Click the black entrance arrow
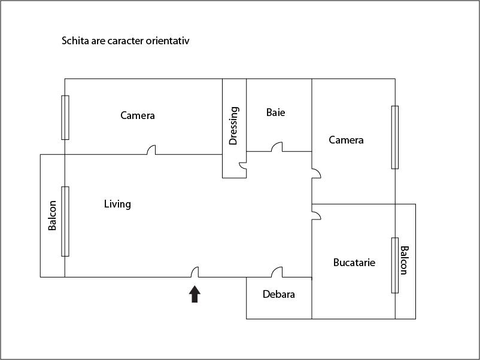(195, 294)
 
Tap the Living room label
(117, 204)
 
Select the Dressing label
(233, 126)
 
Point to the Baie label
(275, 112)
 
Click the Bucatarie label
(354, 262)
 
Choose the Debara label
(279, 294)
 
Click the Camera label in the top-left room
(137, 115)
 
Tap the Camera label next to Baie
(346, 140)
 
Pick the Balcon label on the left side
(52, 215)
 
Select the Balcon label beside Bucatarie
(404, 260)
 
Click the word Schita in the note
(74, 41)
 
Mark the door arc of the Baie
(277, 147)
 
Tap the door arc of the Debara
(277, 272)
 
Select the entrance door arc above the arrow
(195, 272)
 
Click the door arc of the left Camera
(152, 150)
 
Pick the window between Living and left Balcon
(65, 221)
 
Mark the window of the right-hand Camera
(395, 137)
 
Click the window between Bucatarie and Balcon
(395, 265)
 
